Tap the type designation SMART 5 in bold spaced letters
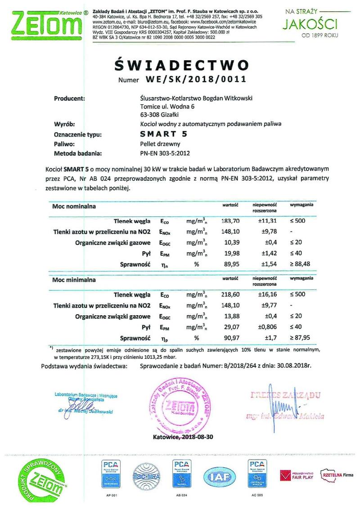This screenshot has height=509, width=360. click(161, 134)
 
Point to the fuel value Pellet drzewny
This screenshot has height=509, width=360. click(157, 144)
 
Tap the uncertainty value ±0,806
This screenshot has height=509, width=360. click(262, 327)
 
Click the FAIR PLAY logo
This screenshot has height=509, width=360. click(297, 474)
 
